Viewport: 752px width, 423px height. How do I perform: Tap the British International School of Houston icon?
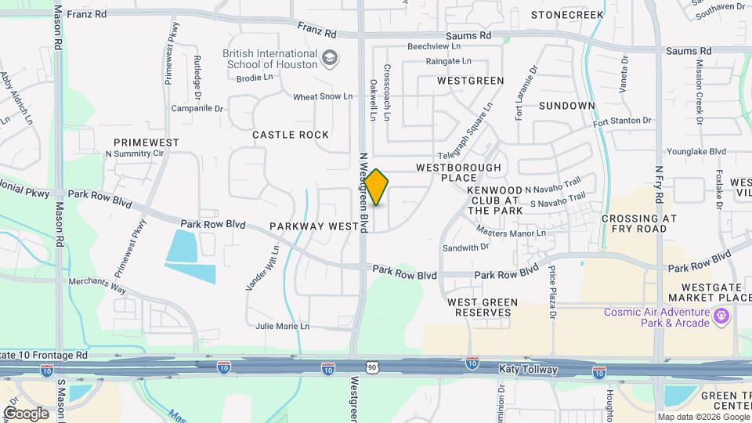[331, 57]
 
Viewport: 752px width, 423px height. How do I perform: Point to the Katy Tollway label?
[528, 368]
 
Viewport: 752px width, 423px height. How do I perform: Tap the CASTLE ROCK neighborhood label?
[291, 135]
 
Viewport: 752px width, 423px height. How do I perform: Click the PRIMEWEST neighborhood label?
[146, 143]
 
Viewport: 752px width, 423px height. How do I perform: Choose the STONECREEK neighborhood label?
[568, 15]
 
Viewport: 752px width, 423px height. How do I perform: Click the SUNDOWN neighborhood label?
[567, 106]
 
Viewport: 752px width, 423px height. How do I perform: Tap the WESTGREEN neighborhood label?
[470, 81]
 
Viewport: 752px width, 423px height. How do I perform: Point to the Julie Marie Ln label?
[283, 326]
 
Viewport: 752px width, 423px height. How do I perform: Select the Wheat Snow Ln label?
[323, 96]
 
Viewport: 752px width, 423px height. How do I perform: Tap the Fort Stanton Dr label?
[622, 121]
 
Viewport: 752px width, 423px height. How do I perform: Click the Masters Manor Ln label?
[512, 232]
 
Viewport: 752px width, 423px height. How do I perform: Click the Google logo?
[26, 413]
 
